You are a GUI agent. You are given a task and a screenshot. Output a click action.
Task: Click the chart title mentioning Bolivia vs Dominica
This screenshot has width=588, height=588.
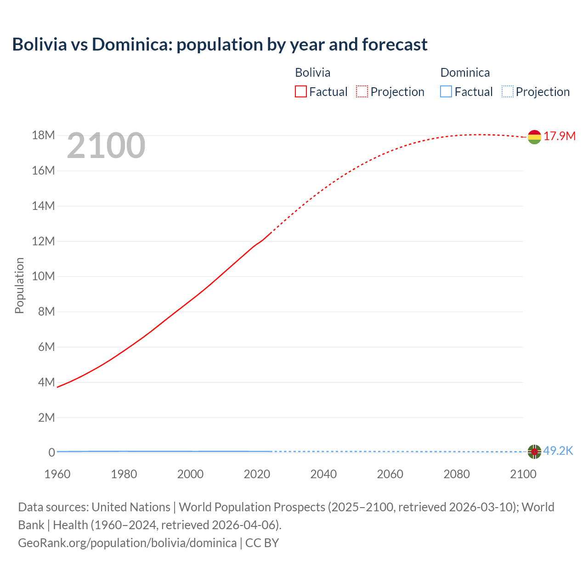(x=220, y=45)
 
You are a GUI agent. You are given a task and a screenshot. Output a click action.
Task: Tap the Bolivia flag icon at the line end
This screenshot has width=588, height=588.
(x=534, y=137)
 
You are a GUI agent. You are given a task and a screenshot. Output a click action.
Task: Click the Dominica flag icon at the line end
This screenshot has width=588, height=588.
(x=534, y=452)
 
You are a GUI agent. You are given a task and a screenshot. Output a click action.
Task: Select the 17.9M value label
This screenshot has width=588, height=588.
(x=560, y=136)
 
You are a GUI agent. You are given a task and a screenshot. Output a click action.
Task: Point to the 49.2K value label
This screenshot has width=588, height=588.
(x=558, y=451)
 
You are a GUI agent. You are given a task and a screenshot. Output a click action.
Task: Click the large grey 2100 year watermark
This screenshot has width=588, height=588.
(x=106, y=146)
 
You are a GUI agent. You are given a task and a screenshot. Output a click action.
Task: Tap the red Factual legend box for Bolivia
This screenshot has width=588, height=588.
(x=301, y=92)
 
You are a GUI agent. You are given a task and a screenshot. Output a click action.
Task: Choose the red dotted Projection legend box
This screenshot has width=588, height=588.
(x=362, y=92)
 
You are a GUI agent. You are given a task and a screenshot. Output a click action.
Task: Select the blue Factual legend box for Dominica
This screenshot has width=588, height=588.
(x=446, y=92)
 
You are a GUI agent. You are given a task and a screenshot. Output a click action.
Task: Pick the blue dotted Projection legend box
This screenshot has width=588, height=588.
(x=508, y=92)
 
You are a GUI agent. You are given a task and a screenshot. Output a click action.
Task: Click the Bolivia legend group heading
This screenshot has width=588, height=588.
(x=312, y=73)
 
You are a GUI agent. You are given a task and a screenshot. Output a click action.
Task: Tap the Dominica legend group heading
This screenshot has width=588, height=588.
(x=465, y=73)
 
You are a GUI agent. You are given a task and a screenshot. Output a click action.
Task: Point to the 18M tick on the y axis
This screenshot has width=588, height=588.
(x=43, y=136)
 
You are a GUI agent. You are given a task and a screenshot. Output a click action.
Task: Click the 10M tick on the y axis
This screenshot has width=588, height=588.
(x=43, y=277)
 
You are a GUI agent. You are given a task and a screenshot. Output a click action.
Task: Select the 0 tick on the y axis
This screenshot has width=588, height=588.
(x=51, y=452)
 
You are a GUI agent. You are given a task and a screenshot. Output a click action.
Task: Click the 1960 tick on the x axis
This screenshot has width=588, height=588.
(x=57, y=474)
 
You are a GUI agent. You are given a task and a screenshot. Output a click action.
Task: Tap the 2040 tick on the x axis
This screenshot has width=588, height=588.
(x=323, y=474)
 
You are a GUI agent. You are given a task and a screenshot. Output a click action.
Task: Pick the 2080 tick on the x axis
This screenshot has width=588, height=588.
(x=457, y=474)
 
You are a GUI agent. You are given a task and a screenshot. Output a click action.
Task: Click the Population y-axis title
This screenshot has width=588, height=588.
(x=19, y=285)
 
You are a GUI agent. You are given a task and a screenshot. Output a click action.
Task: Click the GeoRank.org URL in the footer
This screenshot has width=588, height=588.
(x=127, y=543)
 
